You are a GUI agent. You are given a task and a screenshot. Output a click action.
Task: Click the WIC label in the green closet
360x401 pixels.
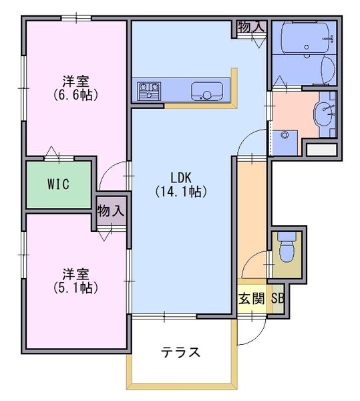[x=58, y=184]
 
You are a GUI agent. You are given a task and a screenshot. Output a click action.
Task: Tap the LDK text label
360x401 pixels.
[x=181, y=178]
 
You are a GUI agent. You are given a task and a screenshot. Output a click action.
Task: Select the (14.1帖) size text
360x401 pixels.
[x=181, y=192]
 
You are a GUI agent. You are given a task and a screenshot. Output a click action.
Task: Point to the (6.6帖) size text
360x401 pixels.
[x=76, y=95]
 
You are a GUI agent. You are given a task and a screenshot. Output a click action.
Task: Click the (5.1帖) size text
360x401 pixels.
[x=76, y=288]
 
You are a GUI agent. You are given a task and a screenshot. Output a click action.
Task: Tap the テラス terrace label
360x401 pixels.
[x=180, y=352]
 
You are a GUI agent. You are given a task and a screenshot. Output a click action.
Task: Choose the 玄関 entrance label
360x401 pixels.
[x=251, y=298]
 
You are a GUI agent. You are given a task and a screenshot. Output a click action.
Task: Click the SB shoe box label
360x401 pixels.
[x=278, y=298]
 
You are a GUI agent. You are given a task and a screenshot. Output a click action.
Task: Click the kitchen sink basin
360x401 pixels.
[x=206, y=92]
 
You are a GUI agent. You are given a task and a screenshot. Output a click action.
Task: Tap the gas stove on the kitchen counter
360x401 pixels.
[x=149, y=91]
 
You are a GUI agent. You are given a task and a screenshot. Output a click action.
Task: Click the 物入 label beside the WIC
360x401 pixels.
[x=111, y=211]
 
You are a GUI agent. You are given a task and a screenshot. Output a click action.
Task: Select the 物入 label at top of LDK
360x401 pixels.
[x=251, y=27]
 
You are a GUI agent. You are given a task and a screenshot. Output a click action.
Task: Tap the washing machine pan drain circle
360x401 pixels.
[x=285, y=135]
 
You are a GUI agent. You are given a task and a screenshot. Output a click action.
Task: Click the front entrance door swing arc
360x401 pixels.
[x=258, y=335]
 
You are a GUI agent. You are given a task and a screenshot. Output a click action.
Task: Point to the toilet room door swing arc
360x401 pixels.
[x=249, y=259]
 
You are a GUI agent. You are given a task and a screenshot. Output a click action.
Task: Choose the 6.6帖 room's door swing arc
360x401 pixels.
[x=107, y=169]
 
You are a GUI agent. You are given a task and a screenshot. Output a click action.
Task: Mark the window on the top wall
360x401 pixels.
[x=76, y=18]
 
